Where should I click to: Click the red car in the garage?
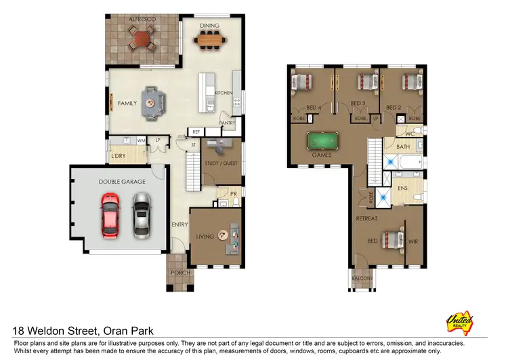click(110, 214)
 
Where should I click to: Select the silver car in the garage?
click(141, 214)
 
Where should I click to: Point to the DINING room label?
click(209, 26)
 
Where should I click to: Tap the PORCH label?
click(180, 273)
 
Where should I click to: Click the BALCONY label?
click(362, 279)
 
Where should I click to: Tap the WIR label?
click(413, 241)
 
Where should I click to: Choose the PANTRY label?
click(226, 123)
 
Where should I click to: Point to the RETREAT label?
click(366, 219)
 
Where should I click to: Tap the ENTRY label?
click(179, 225)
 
